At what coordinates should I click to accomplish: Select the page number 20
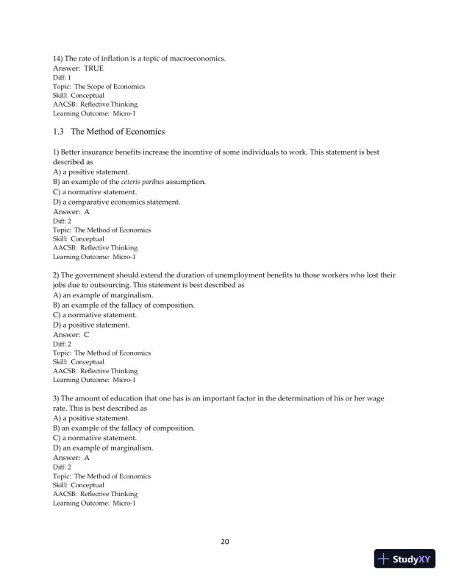coord(225,543)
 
